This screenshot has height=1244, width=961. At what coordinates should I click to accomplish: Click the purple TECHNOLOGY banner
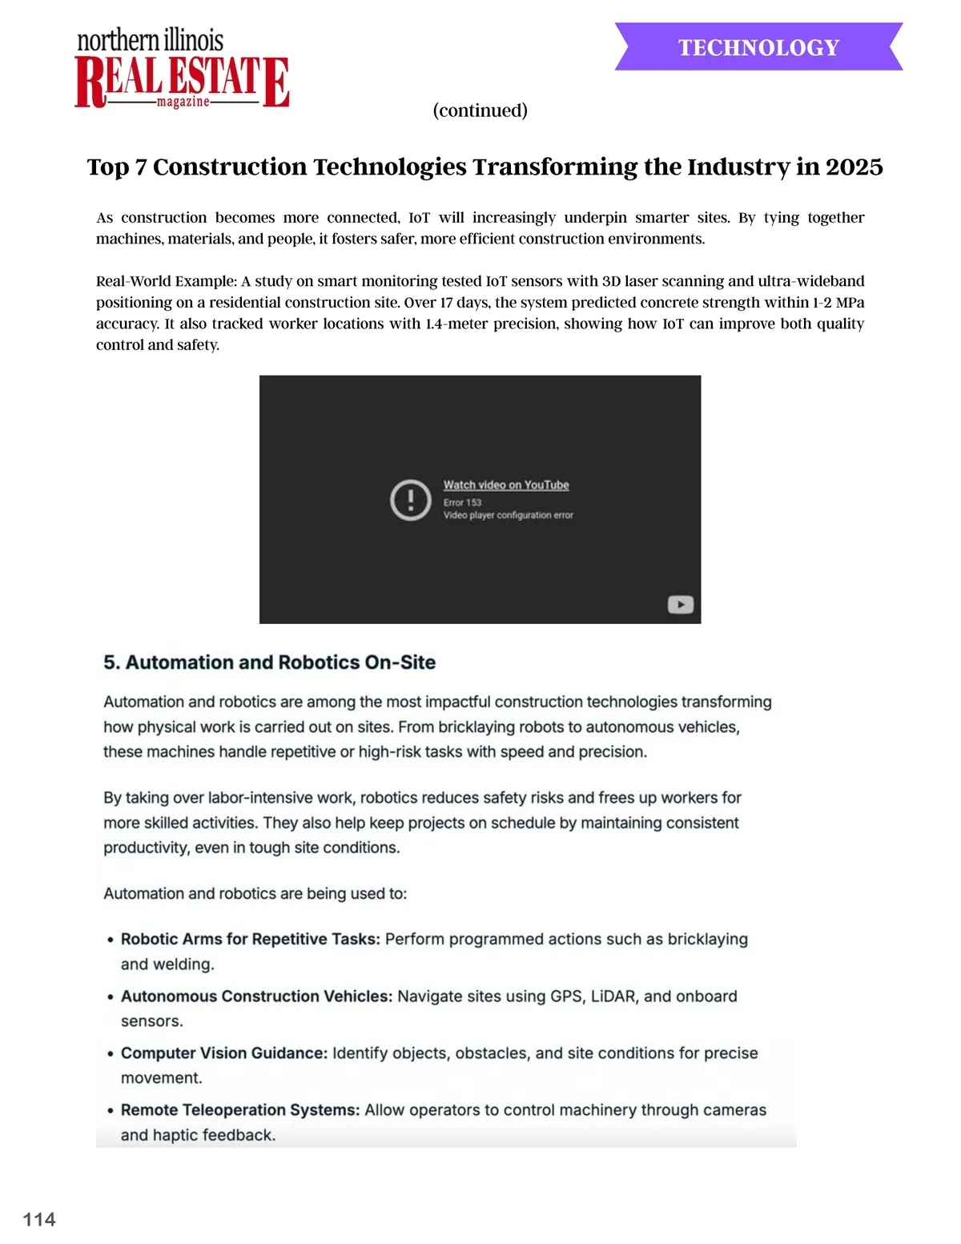coord(758,47)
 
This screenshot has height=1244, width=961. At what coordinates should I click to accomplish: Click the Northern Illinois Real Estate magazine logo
coord(182,70)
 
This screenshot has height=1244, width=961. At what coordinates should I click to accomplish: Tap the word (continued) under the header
coord(480,110)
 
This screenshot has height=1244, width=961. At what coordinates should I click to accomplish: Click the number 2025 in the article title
coord(854,167)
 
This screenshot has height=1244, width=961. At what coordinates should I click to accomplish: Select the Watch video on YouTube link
coord(506,485)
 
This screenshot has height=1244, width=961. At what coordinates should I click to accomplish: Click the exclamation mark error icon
coord(411,500)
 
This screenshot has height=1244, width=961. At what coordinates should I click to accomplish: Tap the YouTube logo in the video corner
coord(680,605)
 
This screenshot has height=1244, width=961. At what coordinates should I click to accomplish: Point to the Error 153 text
coord(463,502)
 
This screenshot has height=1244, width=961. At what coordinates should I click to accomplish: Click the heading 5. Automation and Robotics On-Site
coord(269,662)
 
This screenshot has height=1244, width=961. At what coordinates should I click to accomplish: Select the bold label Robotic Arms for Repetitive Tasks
coord(250,939)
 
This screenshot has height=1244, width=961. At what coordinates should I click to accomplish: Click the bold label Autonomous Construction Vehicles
coord(256,996)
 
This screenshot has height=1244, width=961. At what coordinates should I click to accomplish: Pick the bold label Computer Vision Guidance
coord(224,1053)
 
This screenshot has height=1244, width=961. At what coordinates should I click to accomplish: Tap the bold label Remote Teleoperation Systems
coord(240,1109)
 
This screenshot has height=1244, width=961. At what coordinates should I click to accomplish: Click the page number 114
coord(39,1219)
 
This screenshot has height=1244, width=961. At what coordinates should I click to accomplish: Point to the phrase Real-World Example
coord(167,281)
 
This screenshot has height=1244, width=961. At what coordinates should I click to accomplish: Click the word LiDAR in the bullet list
coord(613,996)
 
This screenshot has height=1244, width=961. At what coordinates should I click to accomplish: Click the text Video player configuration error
coord(509,515)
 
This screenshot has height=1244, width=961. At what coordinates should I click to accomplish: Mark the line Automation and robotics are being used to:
coord(255,893)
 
